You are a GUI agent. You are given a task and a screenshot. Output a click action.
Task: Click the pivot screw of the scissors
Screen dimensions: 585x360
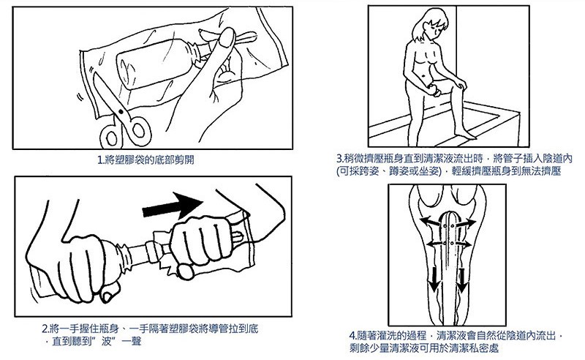pyautogui.click(x=121, y=111)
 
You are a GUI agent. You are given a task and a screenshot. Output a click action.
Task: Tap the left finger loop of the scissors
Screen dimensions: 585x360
pyautogui.click(x=111, y=137)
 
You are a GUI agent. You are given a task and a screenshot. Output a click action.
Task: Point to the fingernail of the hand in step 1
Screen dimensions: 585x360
pyautogui.click(x=226, y=37)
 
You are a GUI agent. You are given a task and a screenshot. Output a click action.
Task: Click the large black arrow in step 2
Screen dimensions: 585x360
pyautogui.click(x=173, y=206)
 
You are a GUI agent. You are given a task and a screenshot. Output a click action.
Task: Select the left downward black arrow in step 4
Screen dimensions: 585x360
pyautogui.click(x=434, y=280)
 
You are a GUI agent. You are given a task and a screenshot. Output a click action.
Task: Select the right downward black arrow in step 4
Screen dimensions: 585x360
pyautogui.click(x=462, y=280)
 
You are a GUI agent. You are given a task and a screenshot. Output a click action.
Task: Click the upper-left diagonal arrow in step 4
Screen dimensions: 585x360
pyautogui.click(x=430, y=222)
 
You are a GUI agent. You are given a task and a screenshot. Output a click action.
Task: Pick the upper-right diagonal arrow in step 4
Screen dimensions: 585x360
pyautogui.click(x=466, y=223)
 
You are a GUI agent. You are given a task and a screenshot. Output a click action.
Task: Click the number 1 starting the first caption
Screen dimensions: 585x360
pyautogui.click(x=99, y=160)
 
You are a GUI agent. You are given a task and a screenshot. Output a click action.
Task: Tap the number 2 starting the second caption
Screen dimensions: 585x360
pyautogui.click(x=45, y=329)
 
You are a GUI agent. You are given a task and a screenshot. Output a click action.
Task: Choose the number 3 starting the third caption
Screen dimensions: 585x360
pyautogui.click(x=339, y=159)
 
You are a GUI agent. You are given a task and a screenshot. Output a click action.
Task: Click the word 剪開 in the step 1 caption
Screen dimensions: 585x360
pyautogui.click(x=185, y=160)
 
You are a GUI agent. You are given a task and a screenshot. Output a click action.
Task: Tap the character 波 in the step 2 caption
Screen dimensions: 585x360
pyautogui.click(x=107, y=341)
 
